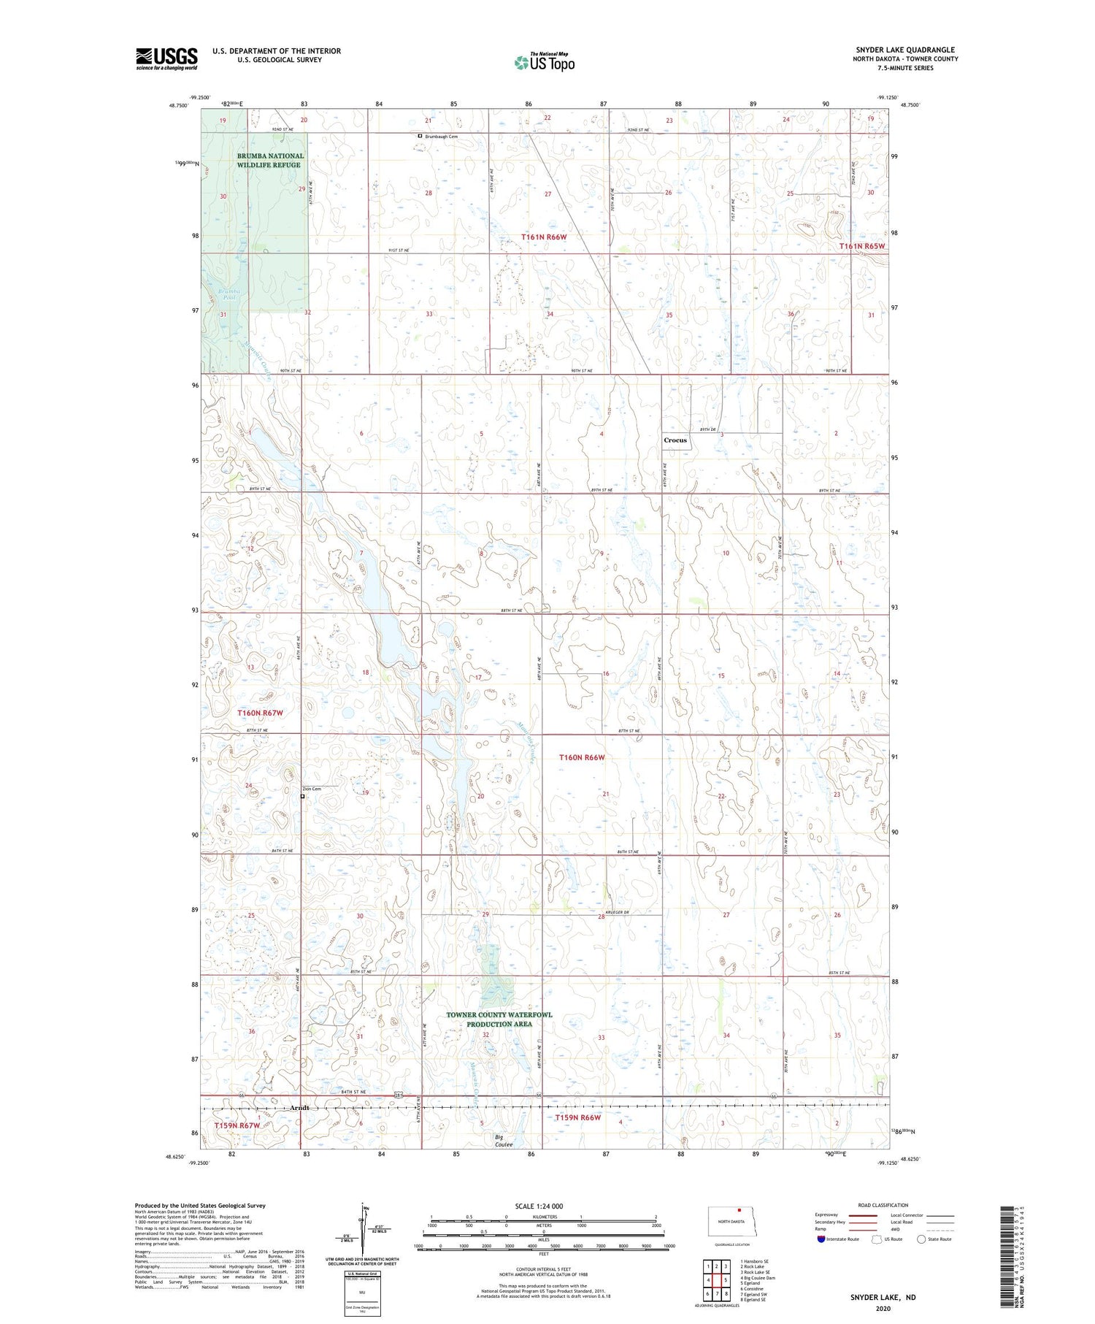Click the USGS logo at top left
click(166, 58)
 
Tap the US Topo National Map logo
click(544, 62)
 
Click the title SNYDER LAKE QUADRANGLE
click(905, 50)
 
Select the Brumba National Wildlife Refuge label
click(269, 161)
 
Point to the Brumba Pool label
click(230, 294)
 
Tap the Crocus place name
click(675, 440)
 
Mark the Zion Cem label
click(312, 789)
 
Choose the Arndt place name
click(299, 1108)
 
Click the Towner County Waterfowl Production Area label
click(499, 1019)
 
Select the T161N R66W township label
click(544, 237)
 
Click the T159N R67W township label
click(237, 1125)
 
